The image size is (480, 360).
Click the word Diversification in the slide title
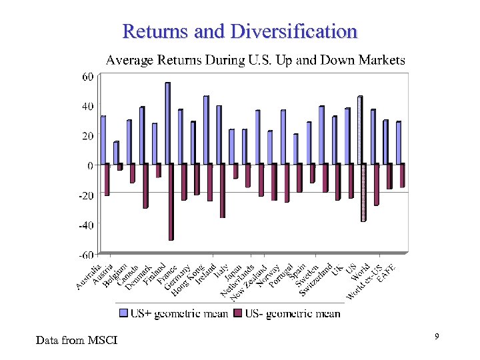tap(294, 31)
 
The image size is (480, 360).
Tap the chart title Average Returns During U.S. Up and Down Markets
tap(255, 60)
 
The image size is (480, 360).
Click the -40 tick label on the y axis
tap(86, 225)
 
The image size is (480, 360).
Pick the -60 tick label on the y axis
tap(86, 254)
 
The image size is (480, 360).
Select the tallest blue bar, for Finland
tap(167, 123)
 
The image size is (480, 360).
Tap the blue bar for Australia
tap(103, 139)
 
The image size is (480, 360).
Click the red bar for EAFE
tap(402, 175)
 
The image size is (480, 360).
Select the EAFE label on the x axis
tap(387, 273)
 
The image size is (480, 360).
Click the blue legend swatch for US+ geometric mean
tap(123, 313)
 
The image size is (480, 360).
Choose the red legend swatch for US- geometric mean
tap(238, 313)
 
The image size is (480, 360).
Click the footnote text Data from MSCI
tap(77, 341)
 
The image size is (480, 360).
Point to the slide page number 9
tap(436, 337)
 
